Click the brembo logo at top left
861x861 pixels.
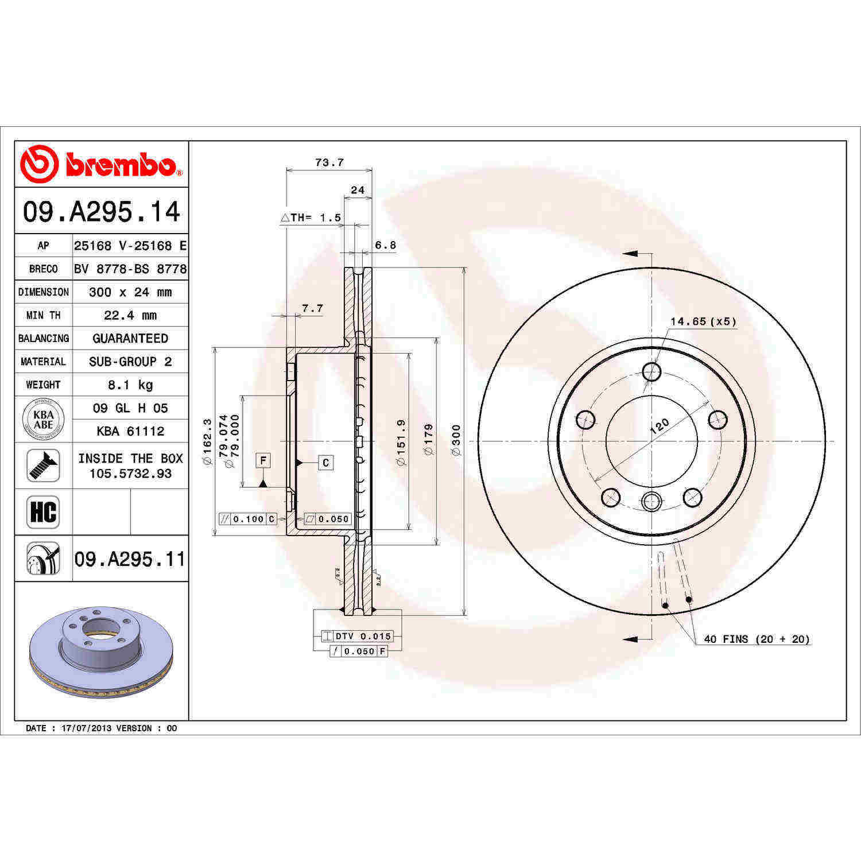point(101,164)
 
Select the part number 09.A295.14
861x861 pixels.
point(102,212)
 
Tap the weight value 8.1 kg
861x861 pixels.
point(130,385)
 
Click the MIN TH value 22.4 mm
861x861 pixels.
point(130,315)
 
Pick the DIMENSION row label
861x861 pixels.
point(44,292)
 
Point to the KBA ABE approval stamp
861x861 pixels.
point(43,420)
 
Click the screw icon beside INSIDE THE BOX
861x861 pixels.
point(43,466)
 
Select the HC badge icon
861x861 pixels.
point(43,512)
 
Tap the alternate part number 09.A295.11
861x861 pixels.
point(130,559)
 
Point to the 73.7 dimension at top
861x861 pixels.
point(329,163)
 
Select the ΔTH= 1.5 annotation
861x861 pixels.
point(311,218)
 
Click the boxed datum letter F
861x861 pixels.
point(263,460)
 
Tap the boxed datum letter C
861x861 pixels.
point(325,463)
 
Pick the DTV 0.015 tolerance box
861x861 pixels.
point(357,636)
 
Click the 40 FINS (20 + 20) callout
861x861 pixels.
point(757,639)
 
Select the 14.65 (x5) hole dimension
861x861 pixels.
point(703,321)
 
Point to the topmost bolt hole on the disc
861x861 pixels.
point(651,372)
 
